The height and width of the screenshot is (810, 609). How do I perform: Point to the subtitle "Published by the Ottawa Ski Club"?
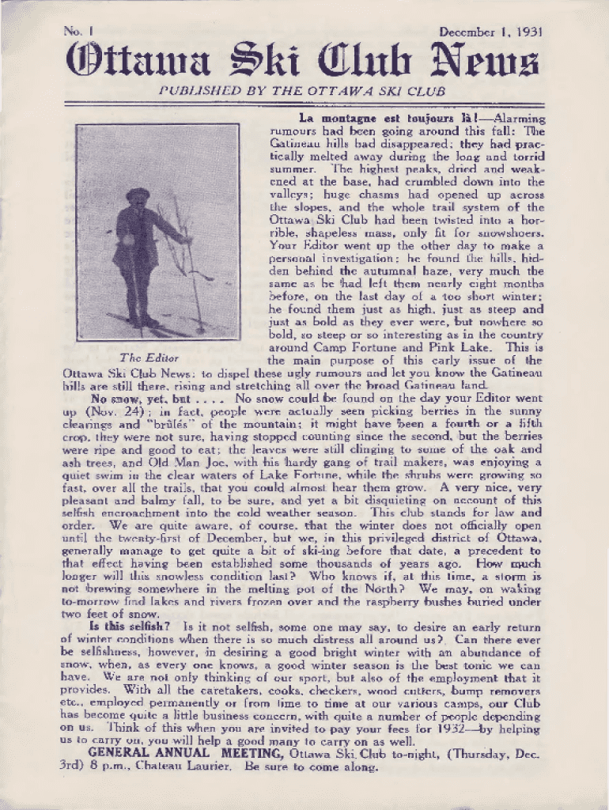302,91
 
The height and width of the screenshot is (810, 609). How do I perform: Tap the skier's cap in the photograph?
138,193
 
